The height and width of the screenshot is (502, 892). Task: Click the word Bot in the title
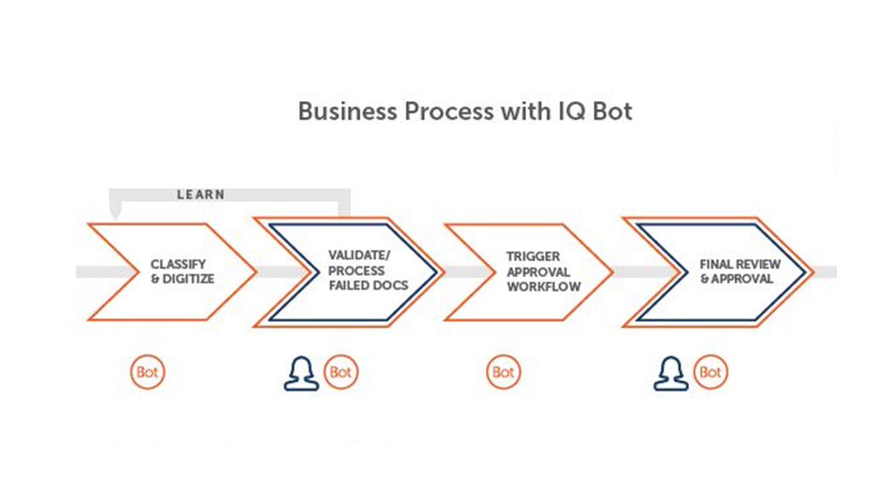point(612,112)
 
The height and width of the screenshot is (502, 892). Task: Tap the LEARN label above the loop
point(201,195)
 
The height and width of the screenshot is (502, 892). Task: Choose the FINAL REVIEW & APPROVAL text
point(740,271)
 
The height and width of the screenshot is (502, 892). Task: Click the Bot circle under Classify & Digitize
point(147,372)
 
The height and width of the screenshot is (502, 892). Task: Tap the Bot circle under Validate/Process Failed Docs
point(341,372)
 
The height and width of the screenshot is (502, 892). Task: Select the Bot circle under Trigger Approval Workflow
point(503,372)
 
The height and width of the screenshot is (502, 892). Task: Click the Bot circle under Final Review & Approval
point(711,372)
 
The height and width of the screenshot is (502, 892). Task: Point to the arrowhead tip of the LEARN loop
point(114,216)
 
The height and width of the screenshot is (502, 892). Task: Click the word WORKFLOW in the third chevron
point(544,286)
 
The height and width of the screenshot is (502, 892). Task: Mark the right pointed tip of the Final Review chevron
point(812,272)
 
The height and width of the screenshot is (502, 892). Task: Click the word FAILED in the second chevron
point(349,285)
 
